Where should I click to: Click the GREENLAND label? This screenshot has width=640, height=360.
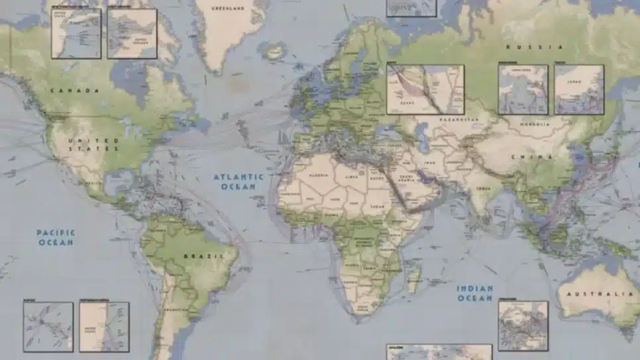[228, 9]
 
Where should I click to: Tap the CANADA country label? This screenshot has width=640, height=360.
[75, 90]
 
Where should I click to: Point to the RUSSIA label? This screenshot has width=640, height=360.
[535, 47]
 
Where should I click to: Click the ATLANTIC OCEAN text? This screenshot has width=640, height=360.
[238, 182]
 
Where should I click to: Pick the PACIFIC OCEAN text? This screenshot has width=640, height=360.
[56, 237]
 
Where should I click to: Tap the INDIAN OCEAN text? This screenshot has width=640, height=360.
[474, 293]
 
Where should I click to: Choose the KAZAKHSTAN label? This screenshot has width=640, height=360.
[458, 119]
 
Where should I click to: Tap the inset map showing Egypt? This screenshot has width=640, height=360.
[425, 89]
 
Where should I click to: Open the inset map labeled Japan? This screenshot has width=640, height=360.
[578, 89]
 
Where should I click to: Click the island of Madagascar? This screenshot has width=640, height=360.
[415, 277]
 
